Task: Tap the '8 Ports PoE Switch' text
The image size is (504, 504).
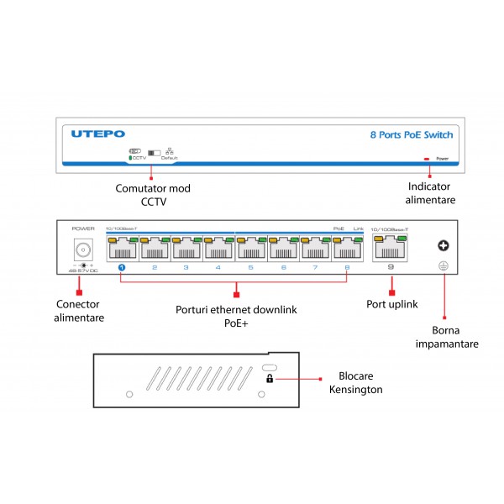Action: (x=411, y=134)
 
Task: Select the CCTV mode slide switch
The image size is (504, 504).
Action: (x=154, y=151)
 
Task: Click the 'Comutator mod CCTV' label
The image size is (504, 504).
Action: (x=153, y=194)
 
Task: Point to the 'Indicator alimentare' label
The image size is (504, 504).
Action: (x=432, y=192)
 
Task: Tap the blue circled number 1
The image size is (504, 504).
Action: (x=121, y=268)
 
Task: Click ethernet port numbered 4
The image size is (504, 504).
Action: (x=218, y=249)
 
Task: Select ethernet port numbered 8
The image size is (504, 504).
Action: (x=348, y=249)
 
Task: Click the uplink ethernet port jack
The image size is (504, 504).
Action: (x=390, y=249)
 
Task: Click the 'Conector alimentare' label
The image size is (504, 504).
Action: (x=80, y=311)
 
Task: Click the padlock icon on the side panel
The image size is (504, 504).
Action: (x=269, y=379)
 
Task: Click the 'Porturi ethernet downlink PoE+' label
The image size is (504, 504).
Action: (x=236, y=315)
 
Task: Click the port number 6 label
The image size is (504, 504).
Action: (x=283, y=268)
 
